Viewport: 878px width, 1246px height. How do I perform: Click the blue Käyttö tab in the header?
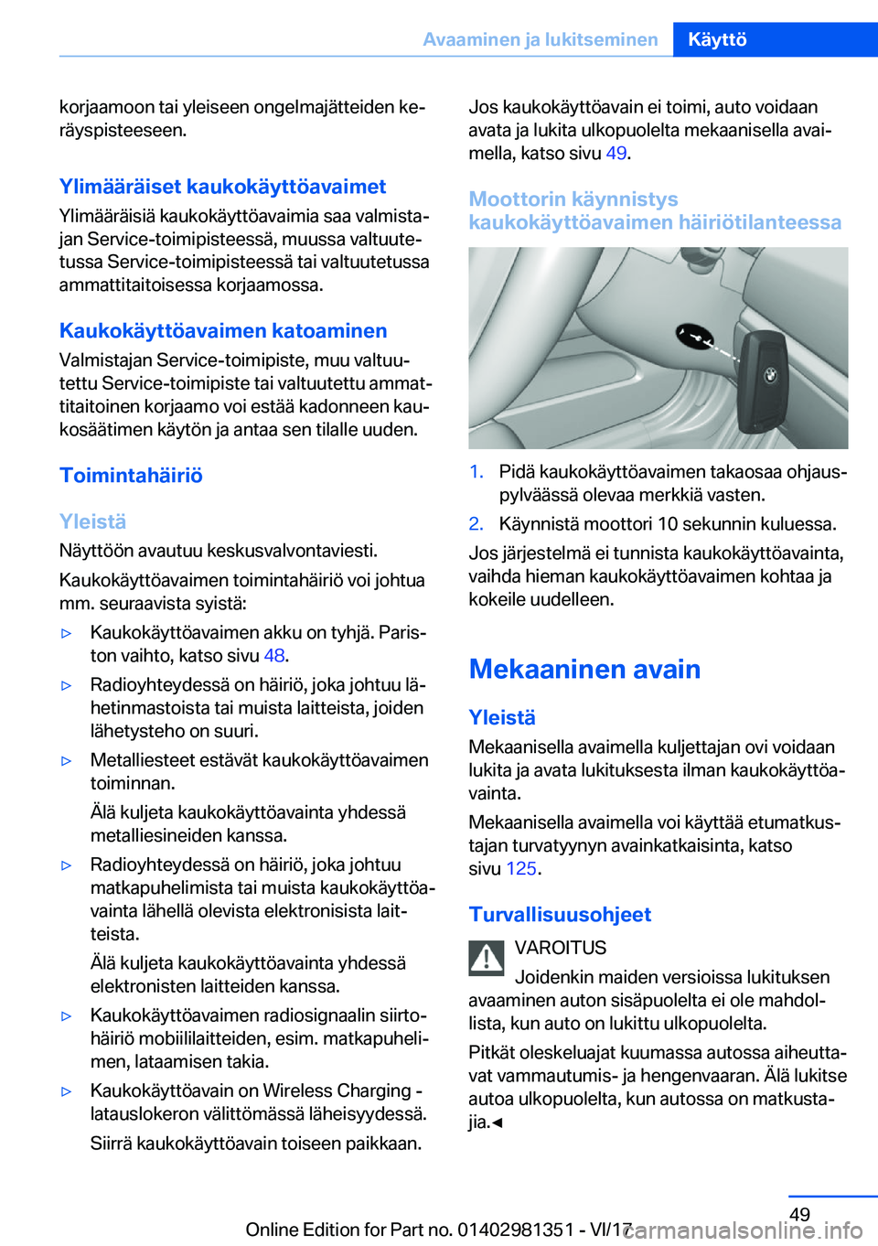(717, 39)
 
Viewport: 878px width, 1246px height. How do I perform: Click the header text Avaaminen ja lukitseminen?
(540, 39)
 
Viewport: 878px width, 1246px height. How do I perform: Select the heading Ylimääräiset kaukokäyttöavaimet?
(222, 187)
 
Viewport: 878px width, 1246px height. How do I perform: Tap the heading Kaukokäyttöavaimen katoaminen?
(223, 330)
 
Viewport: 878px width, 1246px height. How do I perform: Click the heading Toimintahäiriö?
(131, 475)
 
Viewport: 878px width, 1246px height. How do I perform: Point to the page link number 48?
(274, 655)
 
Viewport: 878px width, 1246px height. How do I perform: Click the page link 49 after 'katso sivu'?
(616, 153)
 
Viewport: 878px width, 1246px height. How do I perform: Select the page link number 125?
(521, 868)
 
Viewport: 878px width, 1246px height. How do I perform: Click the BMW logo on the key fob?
(770, 375)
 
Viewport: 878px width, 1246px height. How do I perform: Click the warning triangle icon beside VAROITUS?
(487, 958)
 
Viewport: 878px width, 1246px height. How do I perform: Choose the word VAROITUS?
(561, 948)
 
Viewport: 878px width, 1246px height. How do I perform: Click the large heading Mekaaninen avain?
(584, 669)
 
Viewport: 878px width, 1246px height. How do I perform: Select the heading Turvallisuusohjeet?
(560, 914)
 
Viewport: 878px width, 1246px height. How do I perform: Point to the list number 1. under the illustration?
(476, 472)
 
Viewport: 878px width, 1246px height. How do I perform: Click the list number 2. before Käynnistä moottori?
(476, 524)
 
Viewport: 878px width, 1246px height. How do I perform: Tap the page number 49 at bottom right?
(799, 1214)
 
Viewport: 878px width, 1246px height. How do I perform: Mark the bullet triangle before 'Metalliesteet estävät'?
(66, 760)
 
